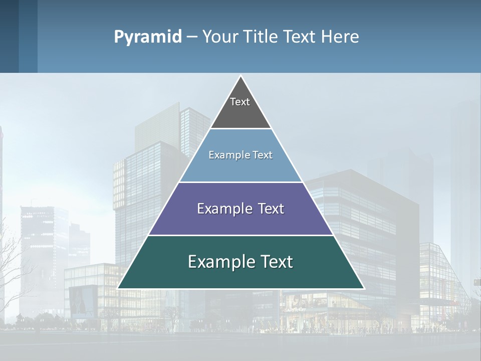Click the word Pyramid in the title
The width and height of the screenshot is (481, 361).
pos(148,37)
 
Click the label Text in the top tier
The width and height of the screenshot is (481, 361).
pos(240,102)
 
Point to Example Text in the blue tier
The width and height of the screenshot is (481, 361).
pos(241,155)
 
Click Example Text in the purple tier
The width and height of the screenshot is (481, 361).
pos(241,209)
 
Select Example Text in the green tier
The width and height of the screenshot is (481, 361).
pos(241,262)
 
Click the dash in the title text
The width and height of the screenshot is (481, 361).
pos(192,37)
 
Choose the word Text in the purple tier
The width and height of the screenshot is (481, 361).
pos(268,209)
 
